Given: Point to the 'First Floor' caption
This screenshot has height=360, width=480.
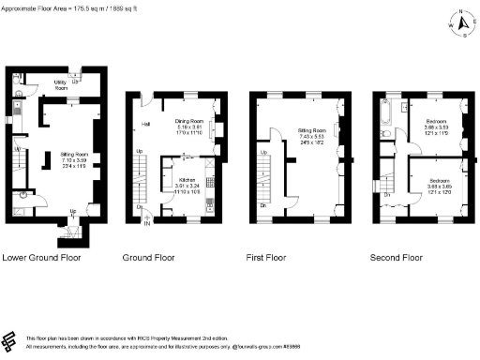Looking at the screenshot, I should pos(272,256).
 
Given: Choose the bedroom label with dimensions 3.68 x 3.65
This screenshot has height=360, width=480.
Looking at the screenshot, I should pos(440,184).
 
